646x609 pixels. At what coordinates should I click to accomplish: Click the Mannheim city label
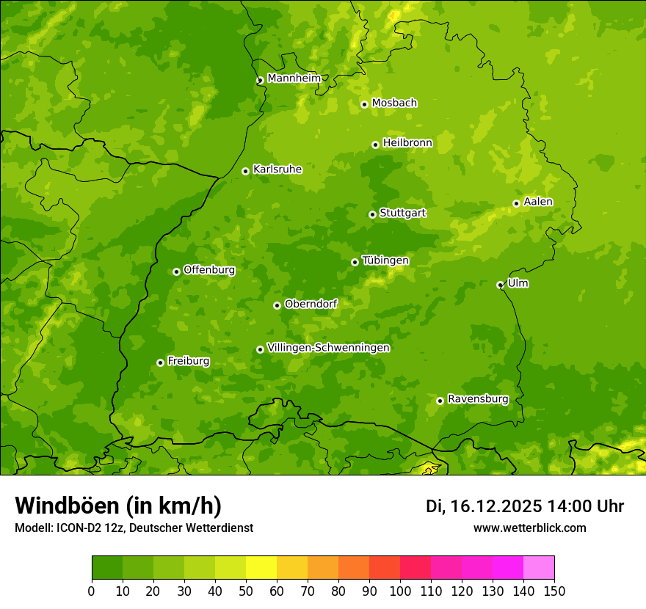(294, 79)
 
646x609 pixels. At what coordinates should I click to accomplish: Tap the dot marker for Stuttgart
(372, 214)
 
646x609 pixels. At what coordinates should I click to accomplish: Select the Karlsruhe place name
(277, 169)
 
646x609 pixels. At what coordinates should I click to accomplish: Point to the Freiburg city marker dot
(160, 362)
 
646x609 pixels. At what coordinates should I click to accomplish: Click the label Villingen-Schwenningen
(328, 348)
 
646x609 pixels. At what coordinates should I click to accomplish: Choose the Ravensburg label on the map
(478, 399)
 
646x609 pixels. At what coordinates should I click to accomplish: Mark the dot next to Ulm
(500, 285)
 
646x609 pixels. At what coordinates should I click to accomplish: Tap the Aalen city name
(538, 202)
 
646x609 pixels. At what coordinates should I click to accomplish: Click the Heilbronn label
(407, 143)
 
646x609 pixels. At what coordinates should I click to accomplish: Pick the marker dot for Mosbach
(364, 104)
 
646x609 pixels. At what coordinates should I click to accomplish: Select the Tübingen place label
(385, 260)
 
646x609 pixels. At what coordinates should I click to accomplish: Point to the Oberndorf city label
(311, 304)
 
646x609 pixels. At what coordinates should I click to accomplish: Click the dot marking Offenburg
(176, 271)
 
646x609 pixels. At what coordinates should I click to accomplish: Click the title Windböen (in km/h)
(118, 506)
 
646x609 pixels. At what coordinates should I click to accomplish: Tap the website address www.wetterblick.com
(529, 528)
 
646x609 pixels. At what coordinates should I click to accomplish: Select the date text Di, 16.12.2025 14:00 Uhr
(525, 506)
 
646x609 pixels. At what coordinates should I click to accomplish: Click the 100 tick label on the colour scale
(400, 591)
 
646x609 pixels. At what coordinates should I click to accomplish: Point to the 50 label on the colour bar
(246, 591)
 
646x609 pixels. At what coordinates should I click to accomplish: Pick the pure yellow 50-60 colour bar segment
(261, 568)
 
